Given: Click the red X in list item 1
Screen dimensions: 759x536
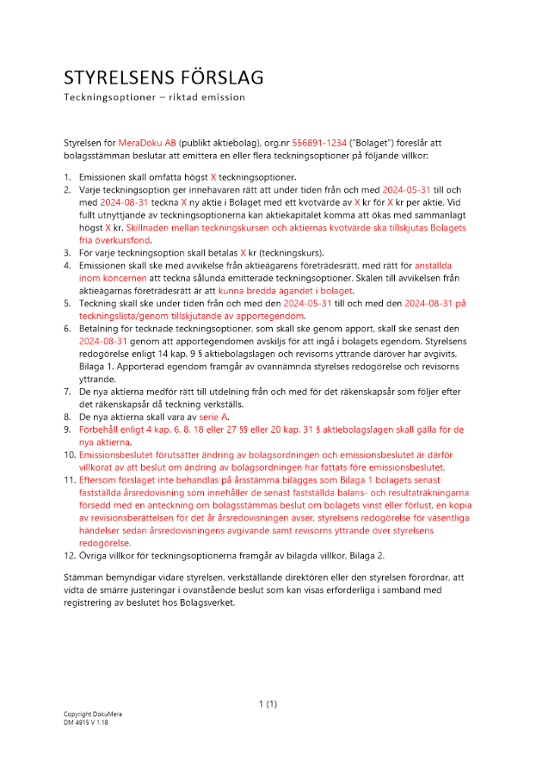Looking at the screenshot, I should [214, 177].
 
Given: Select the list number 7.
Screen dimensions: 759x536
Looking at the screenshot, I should [66, 392].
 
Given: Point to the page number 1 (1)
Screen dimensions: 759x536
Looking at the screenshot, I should [268, 704].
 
